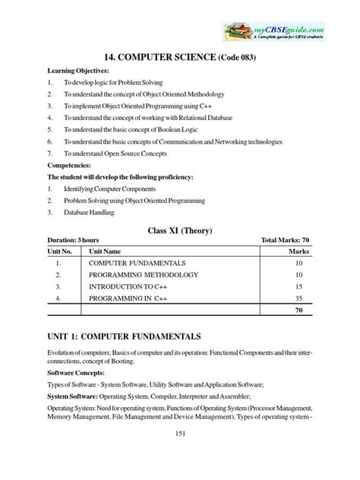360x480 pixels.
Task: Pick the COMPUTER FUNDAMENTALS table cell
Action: pos(142,261)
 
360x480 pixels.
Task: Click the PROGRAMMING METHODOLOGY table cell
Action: pos(144,274)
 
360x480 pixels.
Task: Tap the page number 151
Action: pos(180,455)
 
